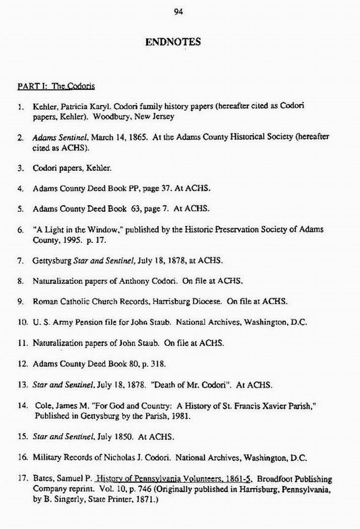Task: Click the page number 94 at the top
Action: pyautogui.click(x=177, y=13)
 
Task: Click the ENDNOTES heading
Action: pyautogui.click(x=173, y=42)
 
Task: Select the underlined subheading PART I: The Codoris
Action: pyautogui.click(x=56, y=86)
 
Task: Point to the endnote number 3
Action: pyautogui.click(x=20, y=168)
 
